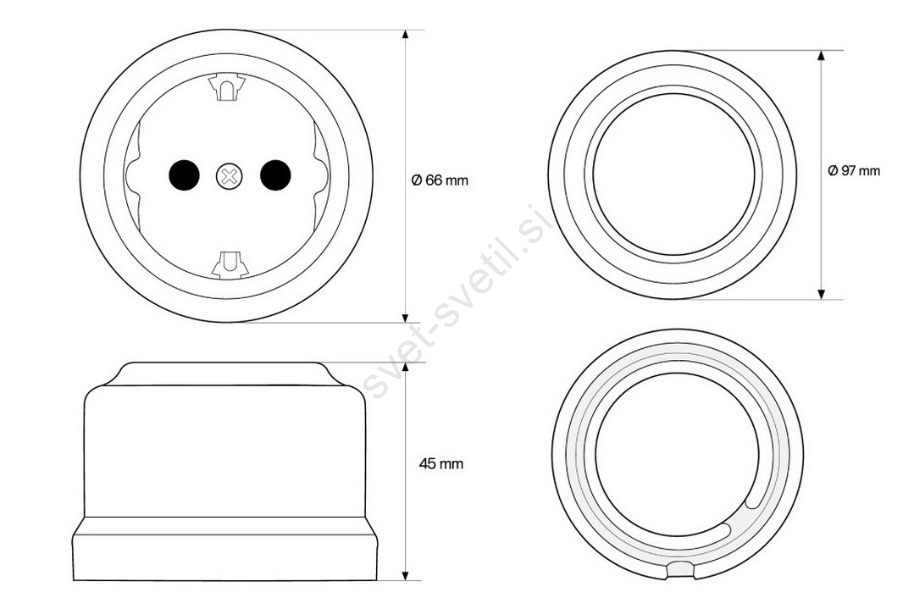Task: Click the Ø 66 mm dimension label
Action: [440, 180]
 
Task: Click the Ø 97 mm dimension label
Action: [854, 171]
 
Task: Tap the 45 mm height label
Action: [441, 464]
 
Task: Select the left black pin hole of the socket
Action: [184, 175]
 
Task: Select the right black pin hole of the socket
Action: [275, 175]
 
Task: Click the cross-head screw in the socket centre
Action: [229, 176]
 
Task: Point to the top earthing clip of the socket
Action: [227, 86]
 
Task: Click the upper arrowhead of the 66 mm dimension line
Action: [406, 36]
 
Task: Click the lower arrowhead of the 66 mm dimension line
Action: [406, 316]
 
